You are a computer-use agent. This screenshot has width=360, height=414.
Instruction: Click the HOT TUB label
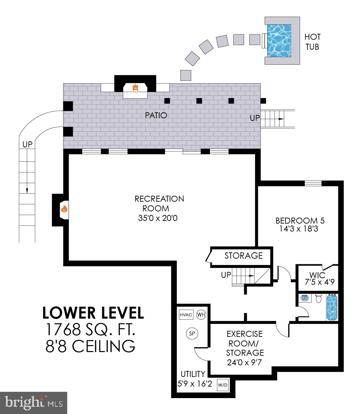312,41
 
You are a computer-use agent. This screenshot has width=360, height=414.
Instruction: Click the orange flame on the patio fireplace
135,88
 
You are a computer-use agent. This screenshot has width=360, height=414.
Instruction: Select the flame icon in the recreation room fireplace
64,209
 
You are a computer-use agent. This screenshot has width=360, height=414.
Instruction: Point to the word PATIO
156,115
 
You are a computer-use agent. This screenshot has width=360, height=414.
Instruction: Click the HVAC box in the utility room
185,315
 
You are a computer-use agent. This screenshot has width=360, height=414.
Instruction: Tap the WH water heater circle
201,315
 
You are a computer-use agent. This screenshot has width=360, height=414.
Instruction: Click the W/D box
223,385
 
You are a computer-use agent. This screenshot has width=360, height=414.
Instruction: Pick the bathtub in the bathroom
332,307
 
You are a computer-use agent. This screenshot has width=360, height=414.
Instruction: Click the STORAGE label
243,256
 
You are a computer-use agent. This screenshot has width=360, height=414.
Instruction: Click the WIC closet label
317,275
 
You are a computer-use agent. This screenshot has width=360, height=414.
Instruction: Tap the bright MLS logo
34,403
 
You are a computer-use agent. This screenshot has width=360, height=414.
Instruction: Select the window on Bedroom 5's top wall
313,183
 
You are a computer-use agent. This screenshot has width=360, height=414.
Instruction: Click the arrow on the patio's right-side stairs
281,119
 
